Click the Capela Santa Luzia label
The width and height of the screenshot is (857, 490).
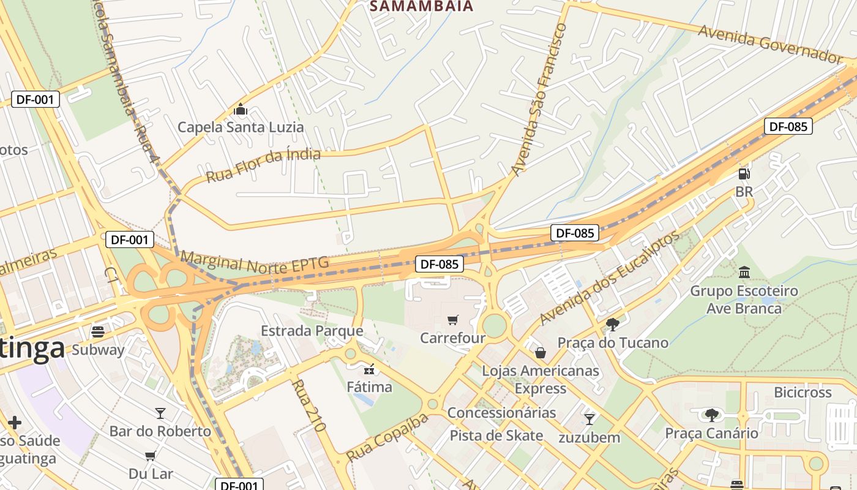(x=241, y=127)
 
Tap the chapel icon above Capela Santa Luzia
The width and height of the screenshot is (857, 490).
(x=241, y=110)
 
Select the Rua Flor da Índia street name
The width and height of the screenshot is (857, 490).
(x=263, y=165)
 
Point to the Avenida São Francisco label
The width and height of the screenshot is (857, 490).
(x=539, y=99)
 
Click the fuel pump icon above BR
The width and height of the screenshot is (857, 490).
(x=744, y=175)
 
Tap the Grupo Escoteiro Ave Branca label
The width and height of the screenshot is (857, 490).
(x=744, y=299)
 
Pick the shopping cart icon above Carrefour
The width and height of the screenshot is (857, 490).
(x=453, y=320)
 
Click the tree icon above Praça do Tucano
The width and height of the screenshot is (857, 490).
(x=612, y=325)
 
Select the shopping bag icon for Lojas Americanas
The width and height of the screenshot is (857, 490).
(x=541, y=353)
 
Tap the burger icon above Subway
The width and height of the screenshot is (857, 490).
(x=98, y=332)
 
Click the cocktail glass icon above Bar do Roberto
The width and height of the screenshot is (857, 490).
(x=160, y=413)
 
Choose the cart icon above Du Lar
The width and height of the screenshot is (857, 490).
(x=151, y=456)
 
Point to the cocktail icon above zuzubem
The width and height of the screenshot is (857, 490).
(x=589, y=420)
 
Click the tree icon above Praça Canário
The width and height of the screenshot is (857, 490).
(x=711, y=415)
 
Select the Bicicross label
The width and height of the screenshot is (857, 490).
(x=803, y=392)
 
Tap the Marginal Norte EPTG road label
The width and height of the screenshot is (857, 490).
(x=255, y=262)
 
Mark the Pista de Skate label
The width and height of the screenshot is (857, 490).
(x=496, y=435)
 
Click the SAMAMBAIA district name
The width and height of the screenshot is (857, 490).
(x=422, y=6)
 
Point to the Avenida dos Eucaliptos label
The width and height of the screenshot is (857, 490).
(x=610, y=277)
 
